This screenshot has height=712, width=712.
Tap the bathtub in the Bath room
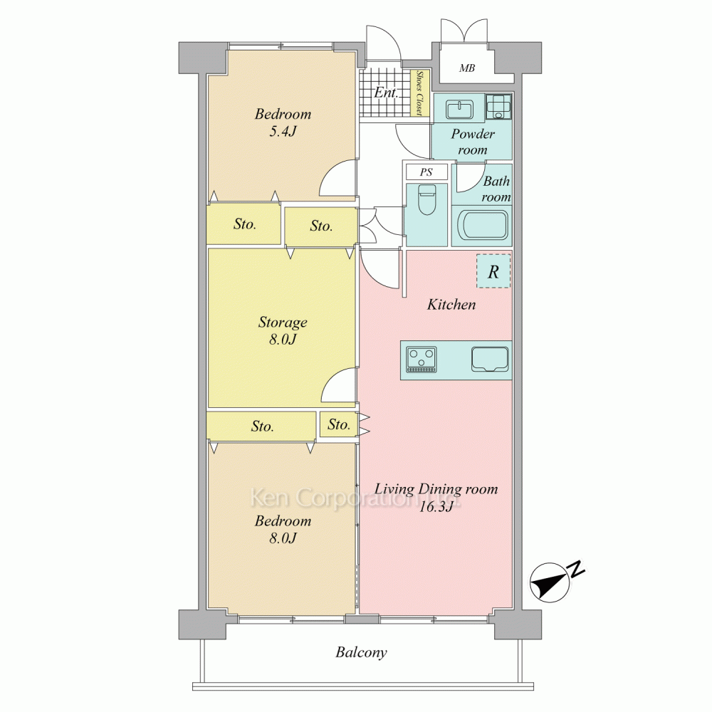click(x=482, y=225)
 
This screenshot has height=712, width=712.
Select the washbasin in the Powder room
click(x=459, y=109)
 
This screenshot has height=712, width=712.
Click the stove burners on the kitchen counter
click(x=422, y=359)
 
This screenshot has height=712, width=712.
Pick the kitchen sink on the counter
click(x=490, y=359)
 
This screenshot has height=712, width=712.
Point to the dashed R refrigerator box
click(x=493, y=271)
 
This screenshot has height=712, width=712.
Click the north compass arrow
click(x=550, y=582)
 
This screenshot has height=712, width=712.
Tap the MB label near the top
click(x=467, y=68)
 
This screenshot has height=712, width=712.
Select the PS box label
click(x=426, y=172)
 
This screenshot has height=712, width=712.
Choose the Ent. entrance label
click(x=386, y=93)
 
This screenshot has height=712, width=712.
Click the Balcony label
click(x=362, y=652)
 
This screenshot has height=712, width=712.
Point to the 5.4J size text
click(x=283, y=132)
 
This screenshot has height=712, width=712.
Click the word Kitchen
click(x=451, y=304)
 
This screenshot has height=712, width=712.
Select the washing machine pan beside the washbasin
click(x=498, y=108)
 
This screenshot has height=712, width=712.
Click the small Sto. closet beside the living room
click(x=339, y=424)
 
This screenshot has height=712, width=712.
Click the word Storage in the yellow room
click(x=283, y=323)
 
